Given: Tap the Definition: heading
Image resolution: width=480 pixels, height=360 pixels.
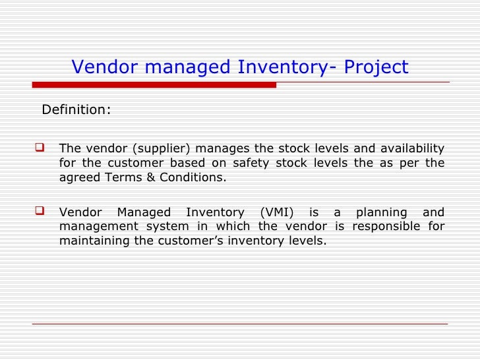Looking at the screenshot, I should click(x=76, y=109).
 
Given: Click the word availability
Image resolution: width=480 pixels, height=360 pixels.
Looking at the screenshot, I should click(x=412, y=148).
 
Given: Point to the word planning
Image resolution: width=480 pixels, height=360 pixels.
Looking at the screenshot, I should click(x=382, y=212).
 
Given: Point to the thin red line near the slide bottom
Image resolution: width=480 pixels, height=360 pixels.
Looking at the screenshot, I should click(x=240, y=324).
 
